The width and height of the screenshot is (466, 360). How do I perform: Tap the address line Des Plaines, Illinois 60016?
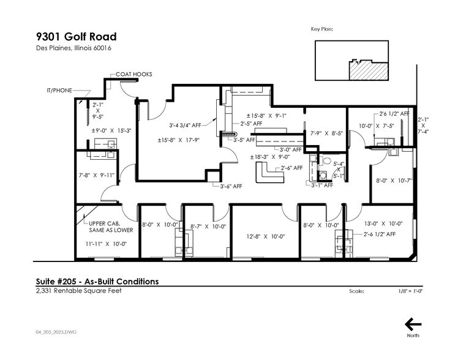[x=73, y=48]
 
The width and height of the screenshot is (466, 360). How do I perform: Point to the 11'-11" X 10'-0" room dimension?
[x=106, y=244]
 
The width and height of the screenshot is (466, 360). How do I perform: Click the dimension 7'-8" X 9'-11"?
[x=97, y=175]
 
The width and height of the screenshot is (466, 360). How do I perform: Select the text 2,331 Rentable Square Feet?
[x=78, y=291]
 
